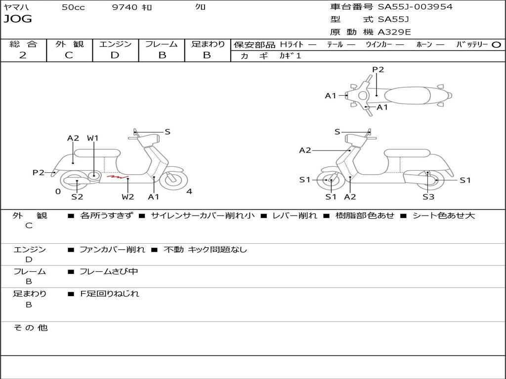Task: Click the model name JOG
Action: [x=18, y=19]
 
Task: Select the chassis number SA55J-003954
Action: [x=415, y=7]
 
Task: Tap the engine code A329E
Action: [x=394, y=32]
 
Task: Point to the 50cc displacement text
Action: [x=73, y=7]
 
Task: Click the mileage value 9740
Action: [x=124, y=7]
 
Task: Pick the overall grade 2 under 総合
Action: [x=23, y=55]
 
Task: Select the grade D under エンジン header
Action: [x=115, y=55]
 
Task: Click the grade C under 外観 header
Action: [x=69, y=55]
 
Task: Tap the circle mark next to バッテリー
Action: [x=496, y=44]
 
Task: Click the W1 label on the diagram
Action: [x=93, y=138]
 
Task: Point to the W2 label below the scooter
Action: [x=127, y=197]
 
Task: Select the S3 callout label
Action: [x=428, y=197]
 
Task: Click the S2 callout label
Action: [x=77, y=197]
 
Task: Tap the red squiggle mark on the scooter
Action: [x=118, y=176]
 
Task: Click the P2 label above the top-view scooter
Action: [x=378, y=70]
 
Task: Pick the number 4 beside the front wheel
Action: [x=189, y=191]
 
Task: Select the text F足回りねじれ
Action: [x=110, y=294]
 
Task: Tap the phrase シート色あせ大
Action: [x=443, y=216]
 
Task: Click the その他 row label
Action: [x=31, y=328]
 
